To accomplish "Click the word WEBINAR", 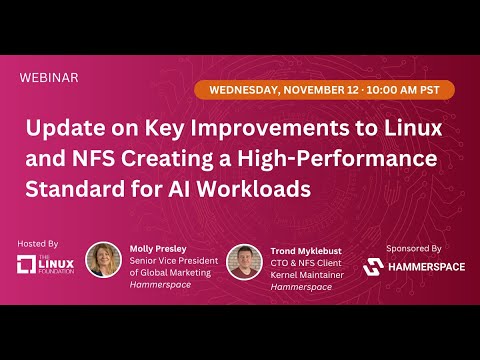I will [49, 77].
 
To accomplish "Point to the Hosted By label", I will [38, 243].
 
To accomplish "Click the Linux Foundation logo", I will [39, 265].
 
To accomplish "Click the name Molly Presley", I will [159, 248].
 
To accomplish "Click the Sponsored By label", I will [413, 246].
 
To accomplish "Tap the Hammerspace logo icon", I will [372, 267].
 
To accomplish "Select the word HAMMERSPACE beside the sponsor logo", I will [424, 267].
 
